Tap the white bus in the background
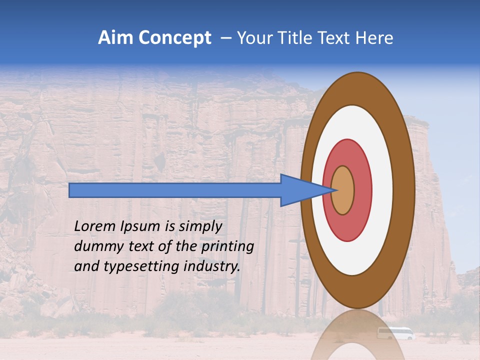click(395, 333)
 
